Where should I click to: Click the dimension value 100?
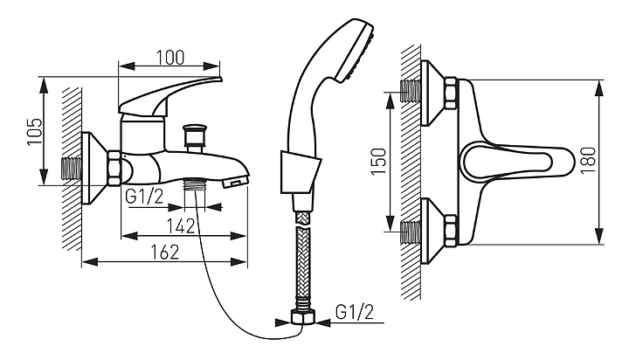[x=169, y=57]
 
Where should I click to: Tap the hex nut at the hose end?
[x=303, y=318]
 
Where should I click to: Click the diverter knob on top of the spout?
[x=195, y=136]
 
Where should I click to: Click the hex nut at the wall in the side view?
[x=114, y=169]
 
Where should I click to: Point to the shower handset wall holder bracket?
[x=298, y=172]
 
